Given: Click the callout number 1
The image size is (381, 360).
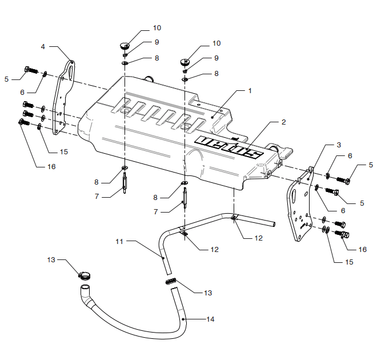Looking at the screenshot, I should point(249,90).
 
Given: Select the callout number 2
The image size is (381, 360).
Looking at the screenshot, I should point(283,122).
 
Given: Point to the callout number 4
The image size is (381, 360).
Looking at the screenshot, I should point(43,46).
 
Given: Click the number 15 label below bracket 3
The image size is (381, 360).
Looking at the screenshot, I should point(349,262).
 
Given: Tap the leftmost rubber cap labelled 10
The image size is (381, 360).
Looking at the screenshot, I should point(124,43).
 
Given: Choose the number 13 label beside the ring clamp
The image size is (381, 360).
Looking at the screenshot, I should point(51,259).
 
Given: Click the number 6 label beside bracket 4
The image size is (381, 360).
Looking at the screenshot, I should point(22,91).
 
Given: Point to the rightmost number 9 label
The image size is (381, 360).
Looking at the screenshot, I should point(216,58).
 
